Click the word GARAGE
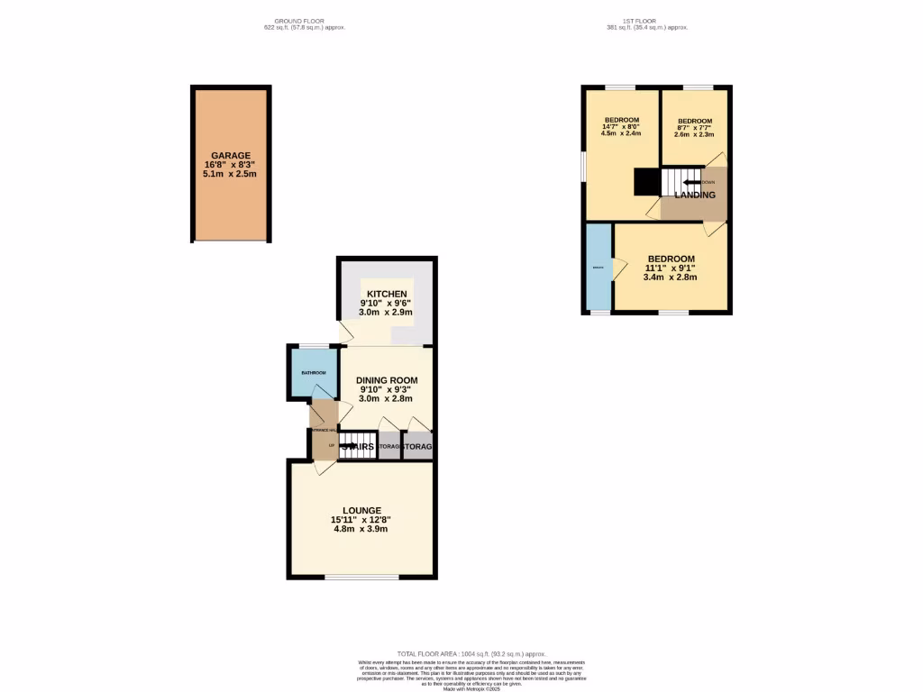coord(231,155)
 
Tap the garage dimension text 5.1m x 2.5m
coord(231,174)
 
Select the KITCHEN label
coord(387,294)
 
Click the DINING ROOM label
coord(386,379)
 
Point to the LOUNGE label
coord(361,509)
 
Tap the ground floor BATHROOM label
coord(313,373)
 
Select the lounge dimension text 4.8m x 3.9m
coord(361,529)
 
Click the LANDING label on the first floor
coord(695,195)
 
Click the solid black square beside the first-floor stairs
coord(646,182)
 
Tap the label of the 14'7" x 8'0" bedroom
coord(622,121)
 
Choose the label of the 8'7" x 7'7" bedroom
coord(695,121)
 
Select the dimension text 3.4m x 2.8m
coord(671,278)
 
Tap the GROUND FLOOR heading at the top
coord(299,21)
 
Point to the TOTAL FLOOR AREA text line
coord(472,654)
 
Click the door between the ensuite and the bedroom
coord(619,268)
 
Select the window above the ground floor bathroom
coord(314,345)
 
